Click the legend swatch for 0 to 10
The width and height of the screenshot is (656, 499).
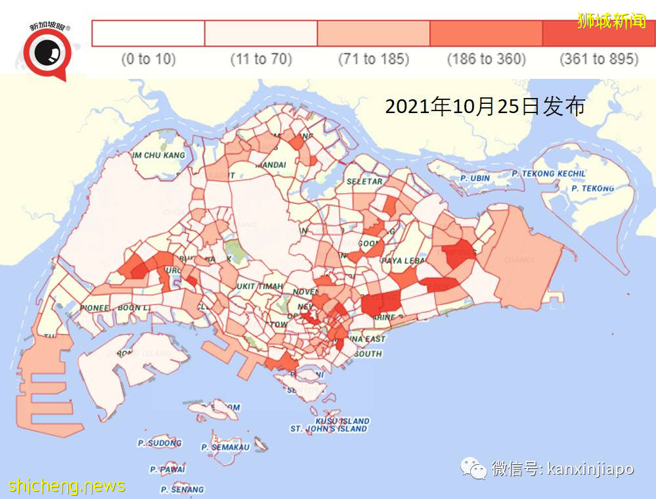[x=148, y=33]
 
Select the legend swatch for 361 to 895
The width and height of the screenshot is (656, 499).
[x=598, y=33]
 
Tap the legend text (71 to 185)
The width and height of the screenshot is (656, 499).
[x=373, y=59]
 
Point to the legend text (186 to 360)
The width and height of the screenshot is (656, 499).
[x=486, y=59]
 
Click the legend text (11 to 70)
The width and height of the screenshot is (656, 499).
[x=261, y=59]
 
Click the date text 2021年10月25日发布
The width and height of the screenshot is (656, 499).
[x=485, y=107]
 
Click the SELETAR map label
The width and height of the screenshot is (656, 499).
[x=364, y=181]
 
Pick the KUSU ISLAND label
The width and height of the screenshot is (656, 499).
[x=342, y=421]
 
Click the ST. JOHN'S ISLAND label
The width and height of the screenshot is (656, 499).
[x=328, y=429]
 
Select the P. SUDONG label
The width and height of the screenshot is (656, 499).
[x=160, y=443]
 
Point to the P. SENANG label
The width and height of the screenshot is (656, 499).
[x=182, y=489]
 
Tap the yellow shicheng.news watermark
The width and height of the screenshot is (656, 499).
[x=66, y=487]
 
